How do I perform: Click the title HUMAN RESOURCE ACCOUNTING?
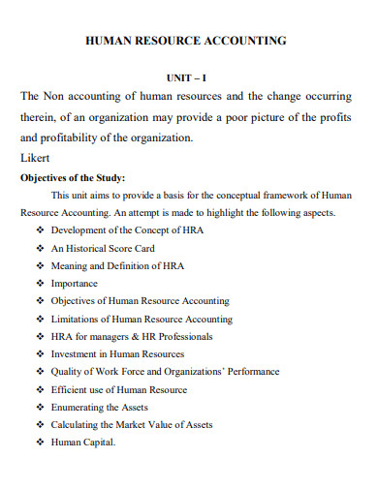[187, 42]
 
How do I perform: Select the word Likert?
[35, 158]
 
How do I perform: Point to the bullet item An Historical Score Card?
[104, 248]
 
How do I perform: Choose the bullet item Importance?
[75, 283]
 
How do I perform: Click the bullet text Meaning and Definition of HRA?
[117, 265]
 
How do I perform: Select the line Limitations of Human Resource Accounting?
[142, 319]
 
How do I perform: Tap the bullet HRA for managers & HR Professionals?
[132, 336]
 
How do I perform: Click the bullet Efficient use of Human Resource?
[119, 389]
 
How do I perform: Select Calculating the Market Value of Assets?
[132, 425]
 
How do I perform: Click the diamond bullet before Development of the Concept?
[40, 230]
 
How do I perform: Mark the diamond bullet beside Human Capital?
[40, 443]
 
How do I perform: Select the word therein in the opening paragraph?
[38, 117]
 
